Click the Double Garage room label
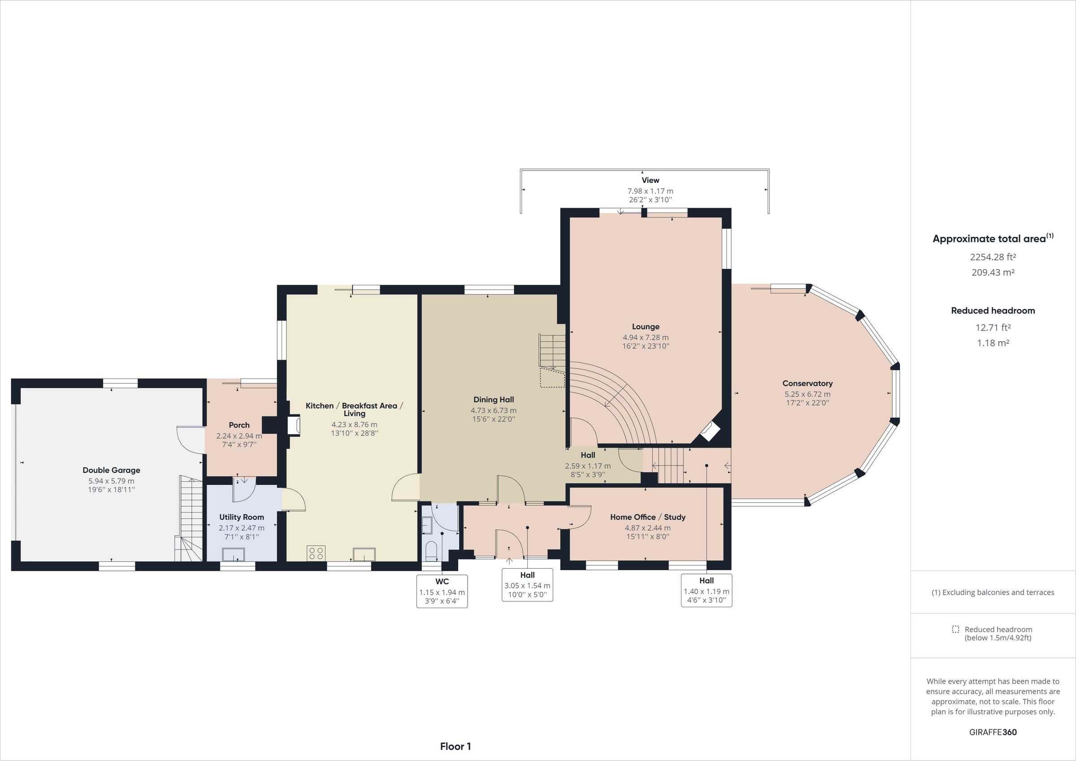pyautogui.click(x=111, y=470)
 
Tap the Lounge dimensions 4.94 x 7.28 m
pyautogui.click(x=645, y=338)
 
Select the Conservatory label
pyautogui.click(x=807, y=383)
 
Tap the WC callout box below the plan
pyautogui.click(x=442, y=591)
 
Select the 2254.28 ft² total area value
pyautogui.click(x=993, y=257)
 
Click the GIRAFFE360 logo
pyautogui.click(x=993, y=732)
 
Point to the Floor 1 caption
pyautogui.click(x=455, y=747)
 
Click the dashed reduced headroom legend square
pyautogui.click(x=955, y=629)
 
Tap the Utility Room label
pyautogui.click(x=241, y=517)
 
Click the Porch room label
pyautogui.click(x=239, y=425)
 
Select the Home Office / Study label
pyautogui.click(x=648, y=517)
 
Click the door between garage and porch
pyautogui.click(x=190, y=439)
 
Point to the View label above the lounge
pyautogui.click(x=650, y=181)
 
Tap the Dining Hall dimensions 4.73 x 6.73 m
pyautogui.click(x=494, y=411)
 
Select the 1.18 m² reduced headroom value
pyautogui.click(x=993, y=343)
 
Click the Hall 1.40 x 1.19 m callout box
pyautogui.click(x=706, y=590)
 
